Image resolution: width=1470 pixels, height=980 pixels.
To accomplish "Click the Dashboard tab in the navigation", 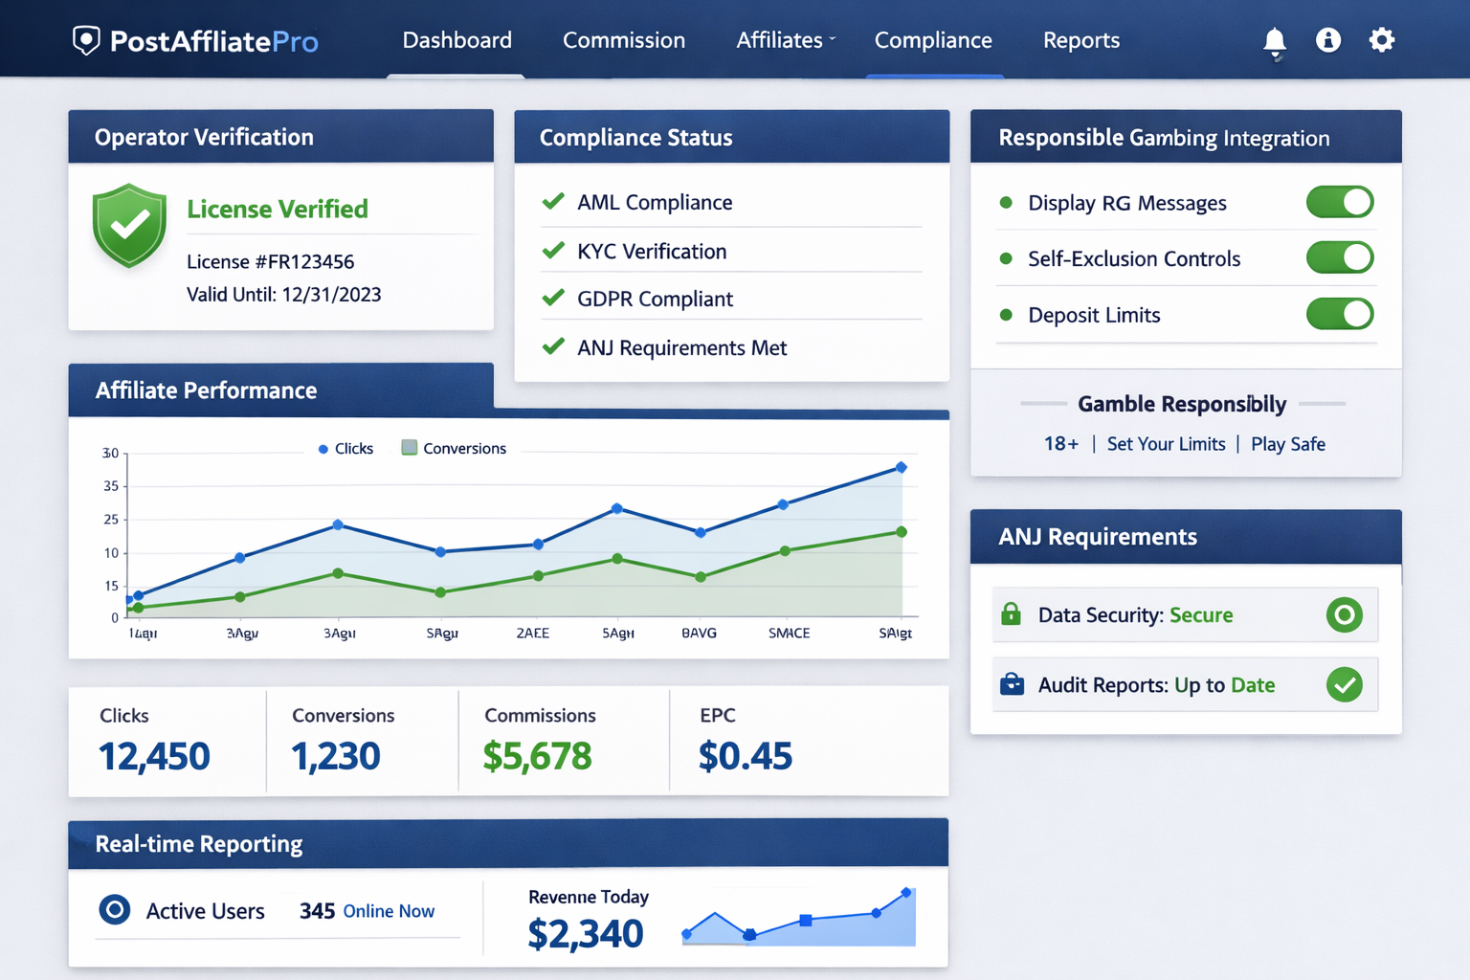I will [x=457, y=40].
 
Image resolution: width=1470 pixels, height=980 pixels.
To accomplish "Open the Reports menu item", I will [x=1080, y=40].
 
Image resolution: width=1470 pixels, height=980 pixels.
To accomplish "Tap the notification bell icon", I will [x=1274, y=41].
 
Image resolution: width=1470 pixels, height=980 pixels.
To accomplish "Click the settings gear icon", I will [x=1381, y=40].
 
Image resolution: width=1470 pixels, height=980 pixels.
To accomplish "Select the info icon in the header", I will [x=1327, y=40].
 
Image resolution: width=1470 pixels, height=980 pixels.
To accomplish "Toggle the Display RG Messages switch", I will [x=1339, y=202].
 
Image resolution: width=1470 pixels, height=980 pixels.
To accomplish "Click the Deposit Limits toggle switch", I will [x=1339, y=314].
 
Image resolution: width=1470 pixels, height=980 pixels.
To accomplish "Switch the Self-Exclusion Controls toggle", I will [x=1339, y=257].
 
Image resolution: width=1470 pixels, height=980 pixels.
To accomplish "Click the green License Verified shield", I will [x=129, y=225].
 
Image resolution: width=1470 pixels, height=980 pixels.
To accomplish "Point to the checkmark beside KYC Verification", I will [x=553, y=251].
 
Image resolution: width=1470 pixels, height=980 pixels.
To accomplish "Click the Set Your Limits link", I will [x=1166, y=444].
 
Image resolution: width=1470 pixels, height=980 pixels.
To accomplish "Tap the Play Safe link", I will [x=1287, y=444].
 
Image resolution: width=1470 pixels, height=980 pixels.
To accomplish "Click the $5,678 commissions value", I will [x=537, y=756].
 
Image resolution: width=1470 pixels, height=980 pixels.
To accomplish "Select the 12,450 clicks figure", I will [x=154, y=756].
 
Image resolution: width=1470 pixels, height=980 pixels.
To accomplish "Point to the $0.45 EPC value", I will [x=745, y=756].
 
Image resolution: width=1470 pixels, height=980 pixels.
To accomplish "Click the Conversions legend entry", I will [x=454, y=448].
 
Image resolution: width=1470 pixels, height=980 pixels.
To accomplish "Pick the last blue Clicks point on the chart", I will [x=901, y=467].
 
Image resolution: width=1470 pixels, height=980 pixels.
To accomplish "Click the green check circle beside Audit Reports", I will [x=1344, y=684].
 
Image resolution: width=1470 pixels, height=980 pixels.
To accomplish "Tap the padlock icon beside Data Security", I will [x=1011, y=614].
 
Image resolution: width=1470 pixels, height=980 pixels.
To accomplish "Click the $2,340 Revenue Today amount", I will [x=585, y=933].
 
